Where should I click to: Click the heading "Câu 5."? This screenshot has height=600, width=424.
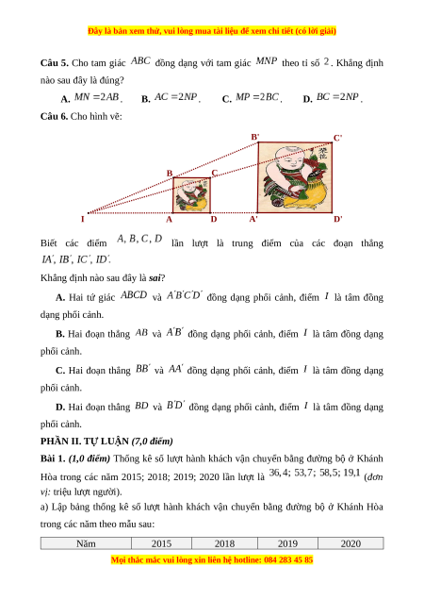(55, 63)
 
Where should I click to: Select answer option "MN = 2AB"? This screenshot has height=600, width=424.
(97, 97)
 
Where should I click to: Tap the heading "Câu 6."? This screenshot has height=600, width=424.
(55, 116)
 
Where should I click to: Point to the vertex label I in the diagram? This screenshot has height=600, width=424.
(82, 219)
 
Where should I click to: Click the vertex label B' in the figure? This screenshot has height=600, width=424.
(255, 137)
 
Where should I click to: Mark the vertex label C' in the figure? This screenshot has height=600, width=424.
(337, 138)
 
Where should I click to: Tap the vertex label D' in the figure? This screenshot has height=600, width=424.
(338, 219)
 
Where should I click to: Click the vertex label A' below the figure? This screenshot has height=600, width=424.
(253, 219)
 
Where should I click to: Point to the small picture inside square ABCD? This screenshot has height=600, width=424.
(191, 195)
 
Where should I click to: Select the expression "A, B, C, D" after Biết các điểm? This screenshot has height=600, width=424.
(139, 239)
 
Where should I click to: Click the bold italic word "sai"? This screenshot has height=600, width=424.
(155, 277)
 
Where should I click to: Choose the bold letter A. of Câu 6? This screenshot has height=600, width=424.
(60, 297)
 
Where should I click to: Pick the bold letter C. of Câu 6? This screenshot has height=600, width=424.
(60, 371)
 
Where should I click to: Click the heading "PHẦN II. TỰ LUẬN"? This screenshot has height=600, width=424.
(85, 442)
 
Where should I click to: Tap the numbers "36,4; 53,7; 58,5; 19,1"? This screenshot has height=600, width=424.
(315, 473)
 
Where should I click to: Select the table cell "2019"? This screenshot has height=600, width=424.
(287, 543)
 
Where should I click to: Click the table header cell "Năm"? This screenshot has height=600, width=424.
(86, 543)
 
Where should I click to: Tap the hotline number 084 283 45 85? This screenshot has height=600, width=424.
(288, 559)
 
